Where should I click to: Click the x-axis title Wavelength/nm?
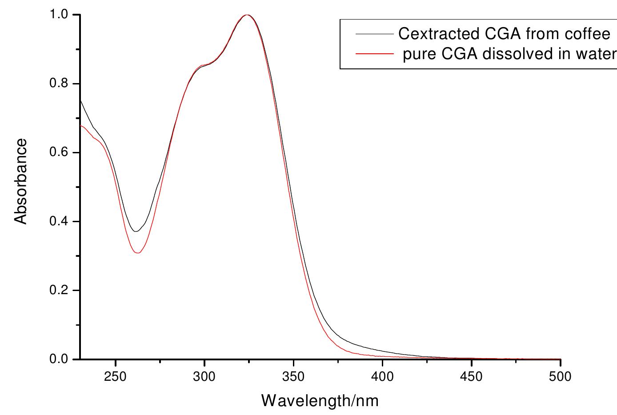point(320,401)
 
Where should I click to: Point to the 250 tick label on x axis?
point(116,377)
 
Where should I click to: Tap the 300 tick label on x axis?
point(204,377)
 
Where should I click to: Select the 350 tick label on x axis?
point(293,377)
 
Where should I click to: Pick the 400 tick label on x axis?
point(383,377)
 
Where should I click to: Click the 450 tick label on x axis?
point(472,377)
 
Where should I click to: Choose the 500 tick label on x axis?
point(561,377)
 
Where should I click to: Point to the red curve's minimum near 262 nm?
point(138,253)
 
